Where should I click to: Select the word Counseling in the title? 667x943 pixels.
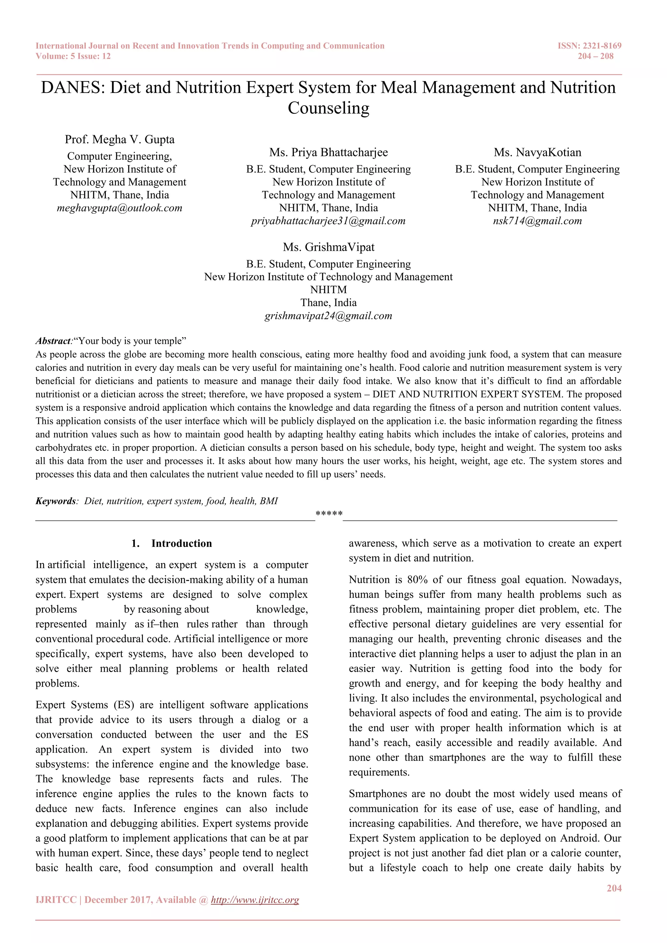tap(328, 108)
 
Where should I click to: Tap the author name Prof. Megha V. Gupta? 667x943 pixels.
tap(120, 140)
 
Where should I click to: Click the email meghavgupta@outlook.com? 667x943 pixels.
tap(120, 208)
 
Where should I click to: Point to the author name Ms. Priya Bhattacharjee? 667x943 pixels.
tap(328, 152)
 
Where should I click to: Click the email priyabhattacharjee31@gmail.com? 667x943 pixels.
tap(328, 221)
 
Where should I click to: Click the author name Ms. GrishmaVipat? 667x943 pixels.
tap(328, 247)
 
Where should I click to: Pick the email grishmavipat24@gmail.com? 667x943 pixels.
tap(328, 316)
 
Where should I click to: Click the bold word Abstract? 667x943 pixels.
tap(53, 341)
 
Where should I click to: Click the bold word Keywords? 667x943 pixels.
tap(55, 501)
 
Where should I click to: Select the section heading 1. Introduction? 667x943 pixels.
tap(172, 543)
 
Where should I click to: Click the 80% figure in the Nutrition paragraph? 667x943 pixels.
tap(417, 579)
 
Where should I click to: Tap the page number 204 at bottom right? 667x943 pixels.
tap(614, 888)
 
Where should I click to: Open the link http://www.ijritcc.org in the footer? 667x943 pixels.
tap(255, 900)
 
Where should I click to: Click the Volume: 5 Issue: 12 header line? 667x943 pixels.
tap(73, 56)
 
